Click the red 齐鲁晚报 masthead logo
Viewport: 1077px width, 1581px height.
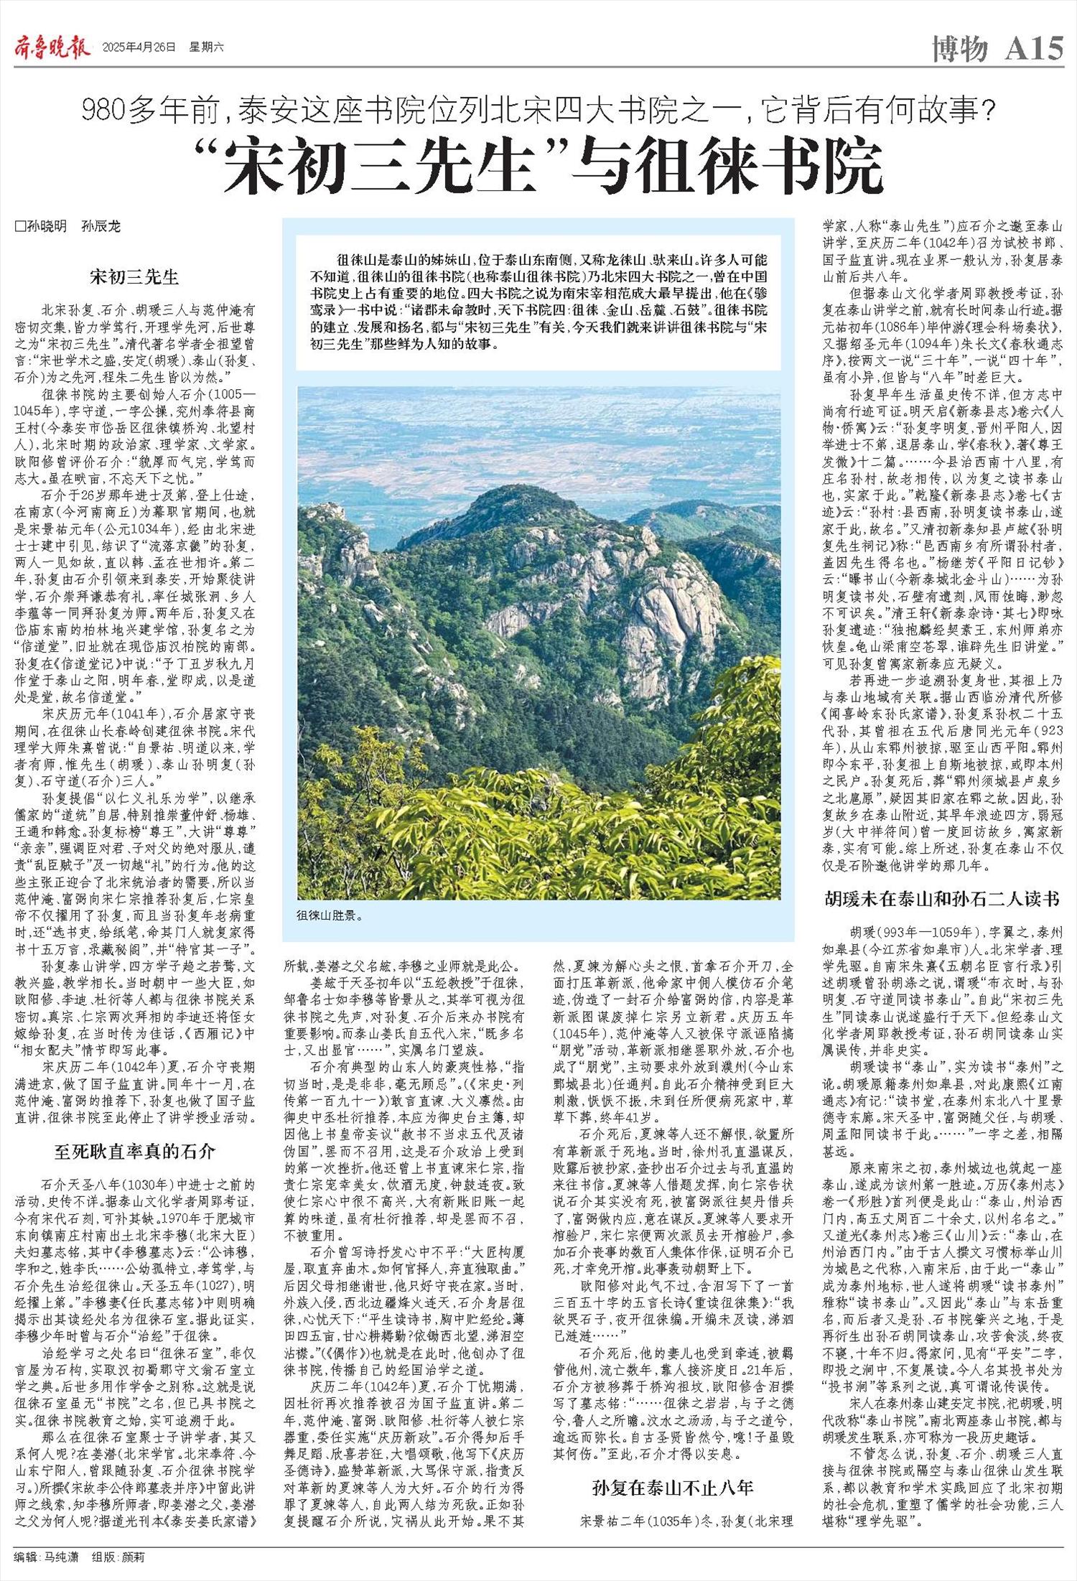(52, 47)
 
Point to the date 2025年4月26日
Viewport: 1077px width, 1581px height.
(139, 48)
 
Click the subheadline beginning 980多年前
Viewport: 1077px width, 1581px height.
(538, 111)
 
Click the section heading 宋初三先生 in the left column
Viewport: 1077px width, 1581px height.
(134, 276)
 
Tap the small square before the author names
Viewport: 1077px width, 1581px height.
(19, 227)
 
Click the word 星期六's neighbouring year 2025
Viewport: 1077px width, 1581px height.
(115, 48)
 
